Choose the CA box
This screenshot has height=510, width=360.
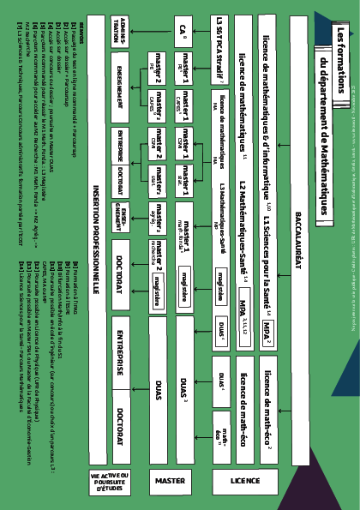(x=183, y=33)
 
